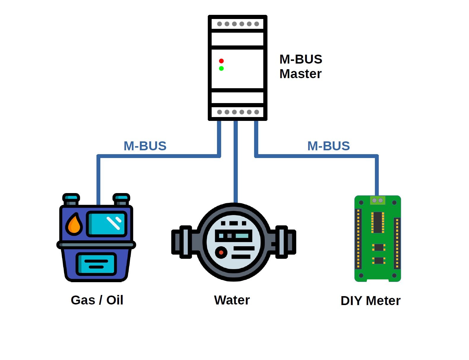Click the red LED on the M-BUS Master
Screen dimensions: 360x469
click(221, 61)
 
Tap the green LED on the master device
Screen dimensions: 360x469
click(221, 69)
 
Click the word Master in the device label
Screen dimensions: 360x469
click(300, 74)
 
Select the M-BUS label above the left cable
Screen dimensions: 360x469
click(145, 146)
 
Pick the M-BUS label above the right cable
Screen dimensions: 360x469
click(329, 146)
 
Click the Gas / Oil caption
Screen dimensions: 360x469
click(97, 300)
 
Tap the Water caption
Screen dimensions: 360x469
click(232, 300)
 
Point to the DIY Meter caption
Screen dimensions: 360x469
click(370, 301)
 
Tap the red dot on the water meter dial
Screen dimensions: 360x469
click(221, 253)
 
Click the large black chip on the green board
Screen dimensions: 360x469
click(378, 222)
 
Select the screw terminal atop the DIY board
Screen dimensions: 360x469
click(378, 200)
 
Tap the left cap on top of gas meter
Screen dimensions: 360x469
click(71, 199)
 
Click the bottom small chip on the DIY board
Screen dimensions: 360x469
click(378, 261)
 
